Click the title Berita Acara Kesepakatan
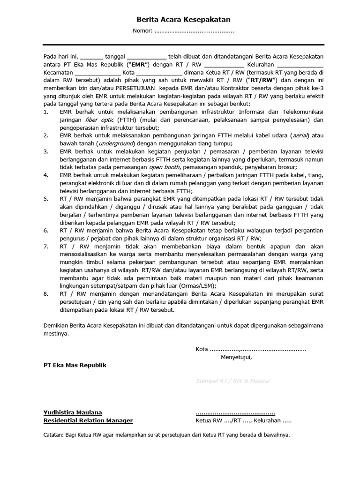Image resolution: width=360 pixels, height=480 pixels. click(x=183, y=20)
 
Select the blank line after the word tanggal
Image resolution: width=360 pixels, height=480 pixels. click(x=146, y=56)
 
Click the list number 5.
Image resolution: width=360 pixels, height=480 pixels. click(x=46, y=199)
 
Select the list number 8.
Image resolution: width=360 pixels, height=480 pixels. click(x=46, y=294)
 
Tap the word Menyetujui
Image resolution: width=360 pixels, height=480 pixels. click(x=236, y=357)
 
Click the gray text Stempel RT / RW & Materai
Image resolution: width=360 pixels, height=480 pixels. click(x=233, y=381)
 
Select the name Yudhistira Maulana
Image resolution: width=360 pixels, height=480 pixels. click(x=73, y=412)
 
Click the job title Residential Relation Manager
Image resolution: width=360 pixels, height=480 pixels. click(x=88, y=420)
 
